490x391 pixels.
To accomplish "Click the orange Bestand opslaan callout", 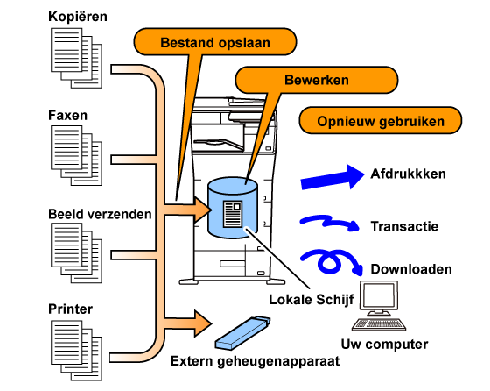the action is tap(215, 41).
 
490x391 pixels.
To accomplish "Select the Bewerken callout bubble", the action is tap(316, 80).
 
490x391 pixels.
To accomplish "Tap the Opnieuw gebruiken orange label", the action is tap(381, 120).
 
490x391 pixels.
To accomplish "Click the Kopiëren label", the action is tap(78, 17).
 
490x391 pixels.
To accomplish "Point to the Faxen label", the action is tap(68, 115).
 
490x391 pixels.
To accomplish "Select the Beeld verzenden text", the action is tap(100, 214).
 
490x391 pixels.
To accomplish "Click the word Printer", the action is tap(70, 309).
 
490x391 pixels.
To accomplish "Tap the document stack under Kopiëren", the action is tap(77, 58).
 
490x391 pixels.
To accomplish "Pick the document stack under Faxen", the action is tap(77, 155).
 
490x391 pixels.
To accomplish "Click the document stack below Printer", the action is tap(77, 351).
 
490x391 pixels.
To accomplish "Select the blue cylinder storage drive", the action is tap(233, 208).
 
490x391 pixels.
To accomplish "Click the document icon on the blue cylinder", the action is tap(233, 214).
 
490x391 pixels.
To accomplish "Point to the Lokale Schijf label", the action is tap(311, 300).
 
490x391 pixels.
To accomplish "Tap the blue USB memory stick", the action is tap(243, 333).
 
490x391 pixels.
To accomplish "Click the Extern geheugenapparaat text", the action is tap(255, 361).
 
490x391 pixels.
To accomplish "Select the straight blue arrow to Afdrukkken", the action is tap(332, 177).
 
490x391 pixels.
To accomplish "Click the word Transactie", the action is tap(404, 226).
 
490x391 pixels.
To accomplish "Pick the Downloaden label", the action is tap(411, 269).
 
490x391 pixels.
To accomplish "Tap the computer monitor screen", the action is tap(379, 295).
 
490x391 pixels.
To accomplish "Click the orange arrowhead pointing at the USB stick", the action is tap(202, 323).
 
